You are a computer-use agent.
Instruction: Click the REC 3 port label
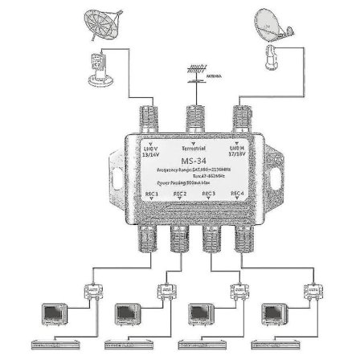[208, 194]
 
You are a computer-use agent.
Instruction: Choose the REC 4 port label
[238, 194]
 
